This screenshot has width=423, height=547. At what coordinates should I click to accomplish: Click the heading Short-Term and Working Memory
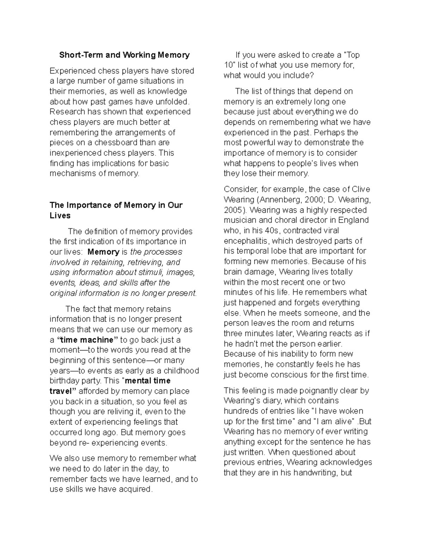tap(124, 55)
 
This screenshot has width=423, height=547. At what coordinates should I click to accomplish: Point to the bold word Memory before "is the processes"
tap(103, 252)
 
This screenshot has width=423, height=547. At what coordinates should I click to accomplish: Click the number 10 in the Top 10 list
tap(228, 65)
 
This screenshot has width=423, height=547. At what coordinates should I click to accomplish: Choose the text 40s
tap(274, 231)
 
